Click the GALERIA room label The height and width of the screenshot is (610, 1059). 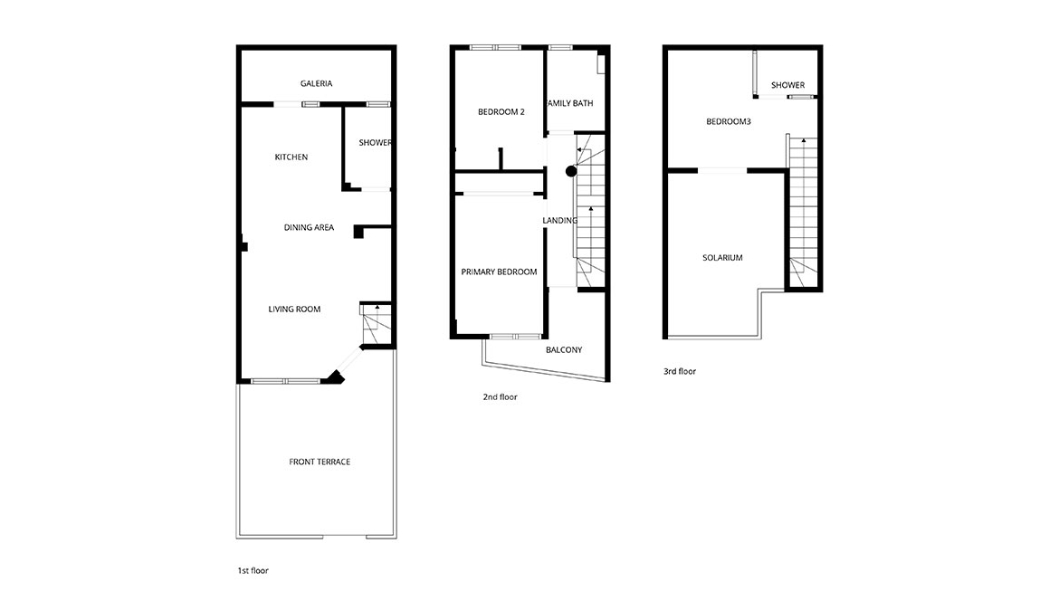(316, 84)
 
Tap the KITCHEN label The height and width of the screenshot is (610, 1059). (291, 157)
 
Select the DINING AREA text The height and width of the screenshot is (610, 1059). (309, 228)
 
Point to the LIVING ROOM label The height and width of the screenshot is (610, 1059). (294, 310)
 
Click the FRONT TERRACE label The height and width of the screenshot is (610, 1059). (320, 462)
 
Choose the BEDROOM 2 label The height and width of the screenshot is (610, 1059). (501, 112)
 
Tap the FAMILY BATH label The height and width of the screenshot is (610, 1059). (570, 103)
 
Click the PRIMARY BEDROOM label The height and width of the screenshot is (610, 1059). (499, 272)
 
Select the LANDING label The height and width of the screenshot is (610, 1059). (560, 221)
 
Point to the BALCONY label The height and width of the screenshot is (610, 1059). (564, 350)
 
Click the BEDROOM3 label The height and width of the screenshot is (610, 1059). (729, 121)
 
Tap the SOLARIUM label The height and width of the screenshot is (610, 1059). (722, 258)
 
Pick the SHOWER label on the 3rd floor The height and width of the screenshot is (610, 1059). (788, 85)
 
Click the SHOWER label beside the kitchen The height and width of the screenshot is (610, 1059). (375, 142)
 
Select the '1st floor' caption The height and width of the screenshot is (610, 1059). (253, 571)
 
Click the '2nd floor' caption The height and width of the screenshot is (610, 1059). (500, 397)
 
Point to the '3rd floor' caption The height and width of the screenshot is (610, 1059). (680, 372)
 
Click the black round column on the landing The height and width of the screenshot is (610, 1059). (571, 172)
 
